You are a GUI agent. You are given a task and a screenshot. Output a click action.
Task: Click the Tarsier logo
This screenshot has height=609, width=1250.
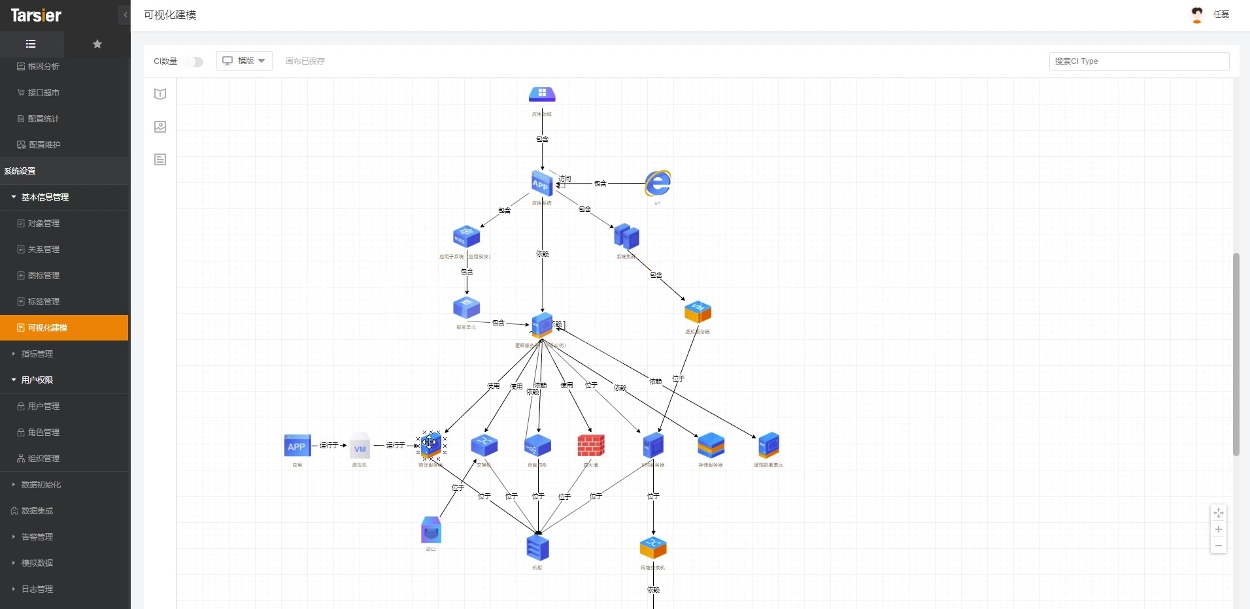[36, 15]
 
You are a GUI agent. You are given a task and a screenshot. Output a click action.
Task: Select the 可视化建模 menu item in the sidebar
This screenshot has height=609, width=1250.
[47, 327]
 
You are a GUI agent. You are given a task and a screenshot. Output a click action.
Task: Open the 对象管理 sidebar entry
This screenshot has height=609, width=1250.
[43, 223]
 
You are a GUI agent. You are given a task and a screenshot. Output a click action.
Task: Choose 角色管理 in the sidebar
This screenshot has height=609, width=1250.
[43, 432]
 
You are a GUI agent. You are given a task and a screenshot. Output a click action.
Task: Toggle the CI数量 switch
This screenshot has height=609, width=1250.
[194, 61]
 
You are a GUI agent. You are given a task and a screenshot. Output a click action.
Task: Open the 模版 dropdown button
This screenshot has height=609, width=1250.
[245, 61]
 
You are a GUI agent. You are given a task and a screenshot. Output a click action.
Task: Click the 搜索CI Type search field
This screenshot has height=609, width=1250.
[1138, 61]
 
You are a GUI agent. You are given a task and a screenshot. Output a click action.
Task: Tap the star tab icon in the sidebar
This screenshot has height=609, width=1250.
[97, 44]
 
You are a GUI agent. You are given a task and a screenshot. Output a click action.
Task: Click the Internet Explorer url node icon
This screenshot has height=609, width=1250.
[658, 184]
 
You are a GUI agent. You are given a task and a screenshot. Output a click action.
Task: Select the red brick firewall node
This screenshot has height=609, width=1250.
[591, 446]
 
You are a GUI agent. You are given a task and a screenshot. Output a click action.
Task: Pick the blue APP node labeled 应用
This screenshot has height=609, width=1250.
[297, 446]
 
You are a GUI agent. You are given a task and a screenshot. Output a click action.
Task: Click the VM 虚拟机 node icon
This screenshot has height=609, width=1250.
[360, 448]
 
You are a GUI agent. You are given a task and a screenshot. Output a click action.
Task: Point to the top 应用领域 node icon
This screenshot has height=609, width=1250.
[542, 95]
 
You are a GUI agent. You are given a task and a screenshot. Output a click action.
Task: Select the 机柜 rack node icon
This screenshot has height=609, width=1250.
[537, 548]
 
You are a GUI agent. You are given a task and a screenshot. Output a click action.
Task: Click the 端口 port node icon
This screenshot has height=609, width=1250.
[431, 531]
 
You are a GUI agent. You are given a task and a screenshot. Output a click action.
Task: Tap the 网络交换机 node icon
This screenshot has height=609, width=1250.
[653, 548]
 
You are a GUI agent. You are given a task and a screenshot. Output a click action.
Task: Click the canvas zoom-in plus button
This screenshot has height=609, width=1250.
[1219, 529]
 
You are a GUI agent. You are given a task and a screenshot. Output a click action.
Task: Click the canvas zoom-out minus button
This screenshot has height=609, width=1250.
[1219, 546]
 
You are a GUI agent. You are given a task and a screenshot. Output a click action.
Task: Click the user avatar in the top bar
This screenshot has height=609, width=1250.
[1197, 14]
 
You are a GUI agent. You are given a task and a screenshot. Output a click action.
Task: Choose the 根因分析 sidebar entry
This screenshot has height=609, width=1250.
[43, 66]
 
